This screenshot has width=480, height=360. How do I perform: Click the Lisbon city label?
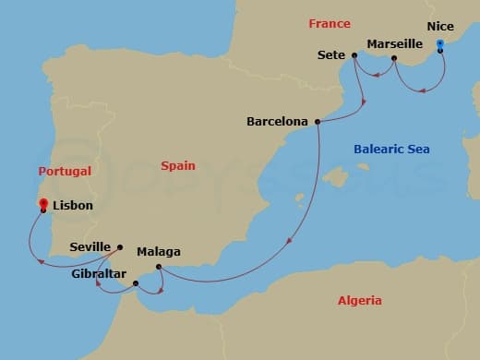[73, 205]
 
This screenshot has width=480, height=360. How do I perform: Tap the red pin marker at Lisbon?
[43, 201]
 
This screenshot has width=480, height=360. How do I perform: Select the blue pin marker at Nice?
[439, 44]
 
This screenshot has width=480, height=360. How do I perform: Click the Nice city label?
[440, 28]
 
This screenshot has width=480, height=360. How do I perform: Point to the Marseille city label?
[394, 43]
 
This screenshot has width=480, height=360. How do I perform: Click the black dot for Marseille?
[394, 59]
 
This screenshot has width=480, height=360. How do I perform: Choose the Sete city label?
[330, 54]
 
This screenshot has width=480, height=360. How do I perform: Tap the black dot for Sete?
[354, 55]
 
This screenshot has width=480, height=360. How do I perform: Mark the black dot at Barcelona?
[318, 121]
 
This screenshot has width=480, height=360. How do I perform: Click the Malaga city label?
[158, 251]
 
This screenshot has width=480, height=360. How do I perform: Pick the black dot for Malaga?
[160, 268]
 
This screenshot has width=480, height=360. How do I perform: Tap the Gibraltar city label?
[98, 273]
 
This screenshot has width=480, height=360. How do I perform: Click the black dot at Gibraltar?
[137, 282]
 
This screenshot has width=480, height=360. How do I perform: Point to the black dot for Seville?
[121, 246]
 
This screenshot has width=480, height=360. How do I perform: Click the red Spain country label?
[177, 165]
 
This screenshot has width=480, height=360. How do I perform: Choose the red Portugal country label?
[65, 171]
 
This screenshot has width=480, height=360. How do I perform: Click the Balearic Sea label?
[391, 149]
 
